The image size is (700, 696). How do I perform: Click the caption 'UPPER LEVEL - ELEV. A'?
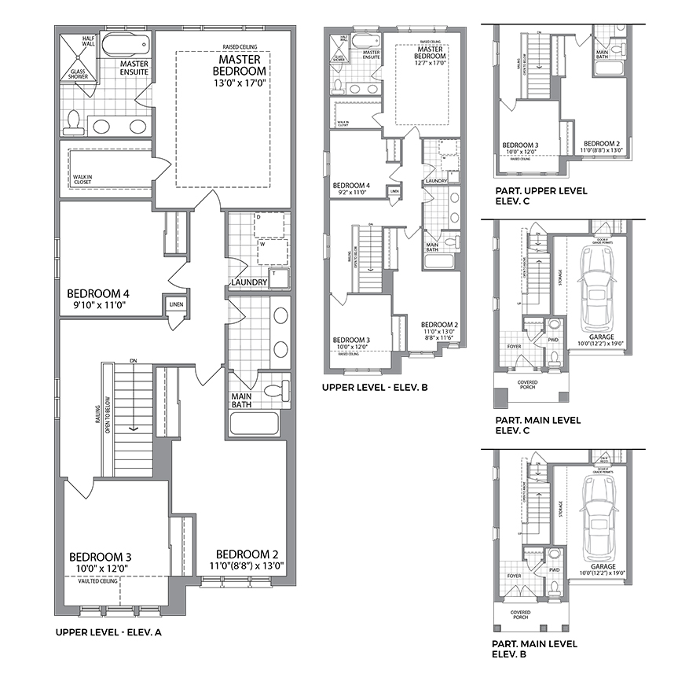tap(108, 632)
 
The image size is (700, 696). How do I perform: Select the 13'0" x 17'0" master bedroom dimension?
tap(240, 83)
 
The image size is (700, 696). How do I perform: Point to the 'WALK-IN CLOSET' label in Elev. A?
tap(82, 179)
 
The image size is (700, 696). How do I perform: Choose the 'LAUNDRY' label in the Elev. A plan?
tap(249, 282)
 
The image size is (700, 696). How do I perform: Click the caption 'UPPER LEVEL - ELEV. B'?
tap(375, 387)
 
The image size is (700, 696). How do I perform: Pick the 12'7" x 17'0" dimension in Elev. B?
tap(431, 63)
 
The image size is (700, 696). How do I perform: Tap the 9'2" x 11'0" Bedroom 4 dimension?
tap(351, 193)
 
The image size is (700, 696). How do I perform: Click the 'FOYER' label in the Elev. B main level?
tap(515, 576)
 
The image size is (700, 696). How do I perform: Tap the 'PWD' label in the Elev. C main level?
tap(553, 340)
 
